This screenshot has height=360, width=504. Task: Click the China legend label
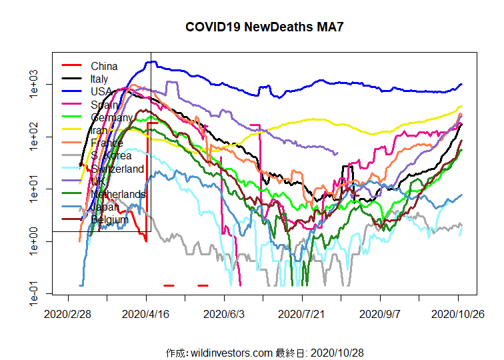[x=104, y=66]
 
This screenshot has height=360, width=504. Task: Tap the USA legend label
[x=102, y=91]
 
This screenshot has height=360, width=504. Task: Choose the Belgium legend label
[x=109, y=219]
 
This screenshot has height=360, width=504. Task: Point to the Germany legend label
[x=111, y=117]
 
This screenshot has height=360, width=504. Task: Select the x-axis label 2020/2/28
[x=68, y=312]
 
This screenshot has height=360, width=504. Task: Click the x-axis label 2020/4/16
[x=147, y=312]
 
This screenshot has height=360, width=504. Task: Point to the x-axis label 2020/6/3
[x=224, y=312]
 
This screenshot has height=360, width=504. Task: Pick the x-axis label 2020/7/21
[x=301, y=312]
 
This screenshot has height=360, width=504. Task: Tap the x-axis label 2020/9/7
[x=379, y=312]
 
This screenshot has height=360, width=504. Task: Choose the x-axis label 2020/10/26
[x=457, y=312]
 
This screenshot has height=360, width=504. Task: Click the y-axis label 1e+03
[x=35, y=85]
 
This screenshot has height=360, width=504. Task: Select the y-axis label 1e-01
[x=35, y=293]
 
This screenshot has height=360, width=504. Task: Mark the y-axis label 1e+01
[x=35, y=189]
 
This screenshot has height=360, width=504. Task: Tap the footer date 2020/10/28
[x=337, y=352]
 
